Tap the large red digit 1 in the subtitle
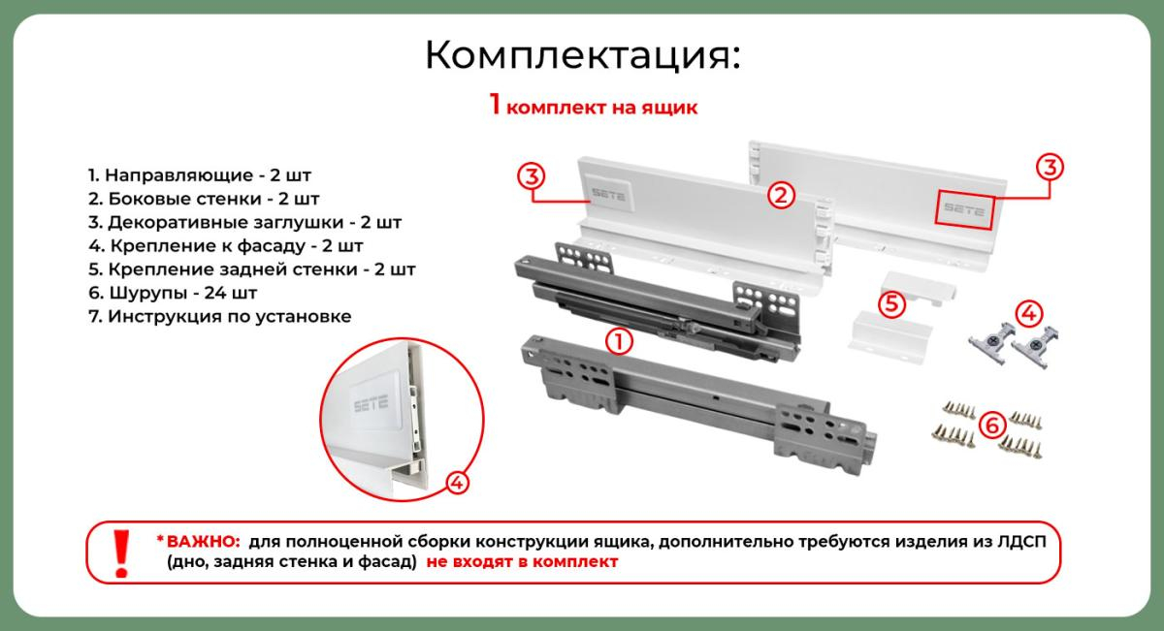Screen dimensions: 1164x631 (x=495, y=104)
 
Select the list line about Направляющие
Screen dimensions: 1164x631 (x=200, y=175)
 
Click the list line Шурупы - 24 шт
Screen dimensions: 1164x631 (x=173, y=293)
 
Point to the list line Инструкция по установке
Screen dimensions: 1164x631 (x=220, y=316)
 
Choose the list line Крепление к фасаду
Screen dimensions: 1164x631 (x=225, y=245)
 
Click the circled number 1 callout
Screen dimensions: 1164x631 (x=619, y=342)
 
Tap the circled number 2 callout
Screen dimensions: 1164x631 (x=781, y=195)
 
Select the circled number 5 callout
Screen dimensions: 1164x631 (x=891, y=303)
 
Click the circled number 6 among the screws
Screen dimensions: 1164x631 (x=992, y=426)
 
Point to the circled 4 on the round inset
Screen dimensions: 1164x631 (x=457, y=483)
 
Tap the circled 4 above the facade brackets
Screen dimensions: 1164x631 (x=1029, y=314)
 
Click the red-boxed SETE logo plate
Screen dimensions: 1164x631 (x=964, y=209)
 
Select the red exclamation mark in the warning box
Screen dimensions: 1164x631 (x=121, y=553)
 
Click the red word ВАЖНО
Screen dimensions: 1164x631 (x=203, y=542)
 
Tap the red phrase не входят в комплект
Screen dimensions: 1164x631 (x=522, y=562)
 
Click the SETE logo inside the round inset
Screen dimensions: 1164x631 (x=371, y=403)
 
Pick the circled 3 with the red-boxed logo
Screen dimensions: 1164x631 (x=1050, y=168)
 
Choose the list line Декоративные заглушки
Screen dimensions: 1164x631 (x=244, y=222)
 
